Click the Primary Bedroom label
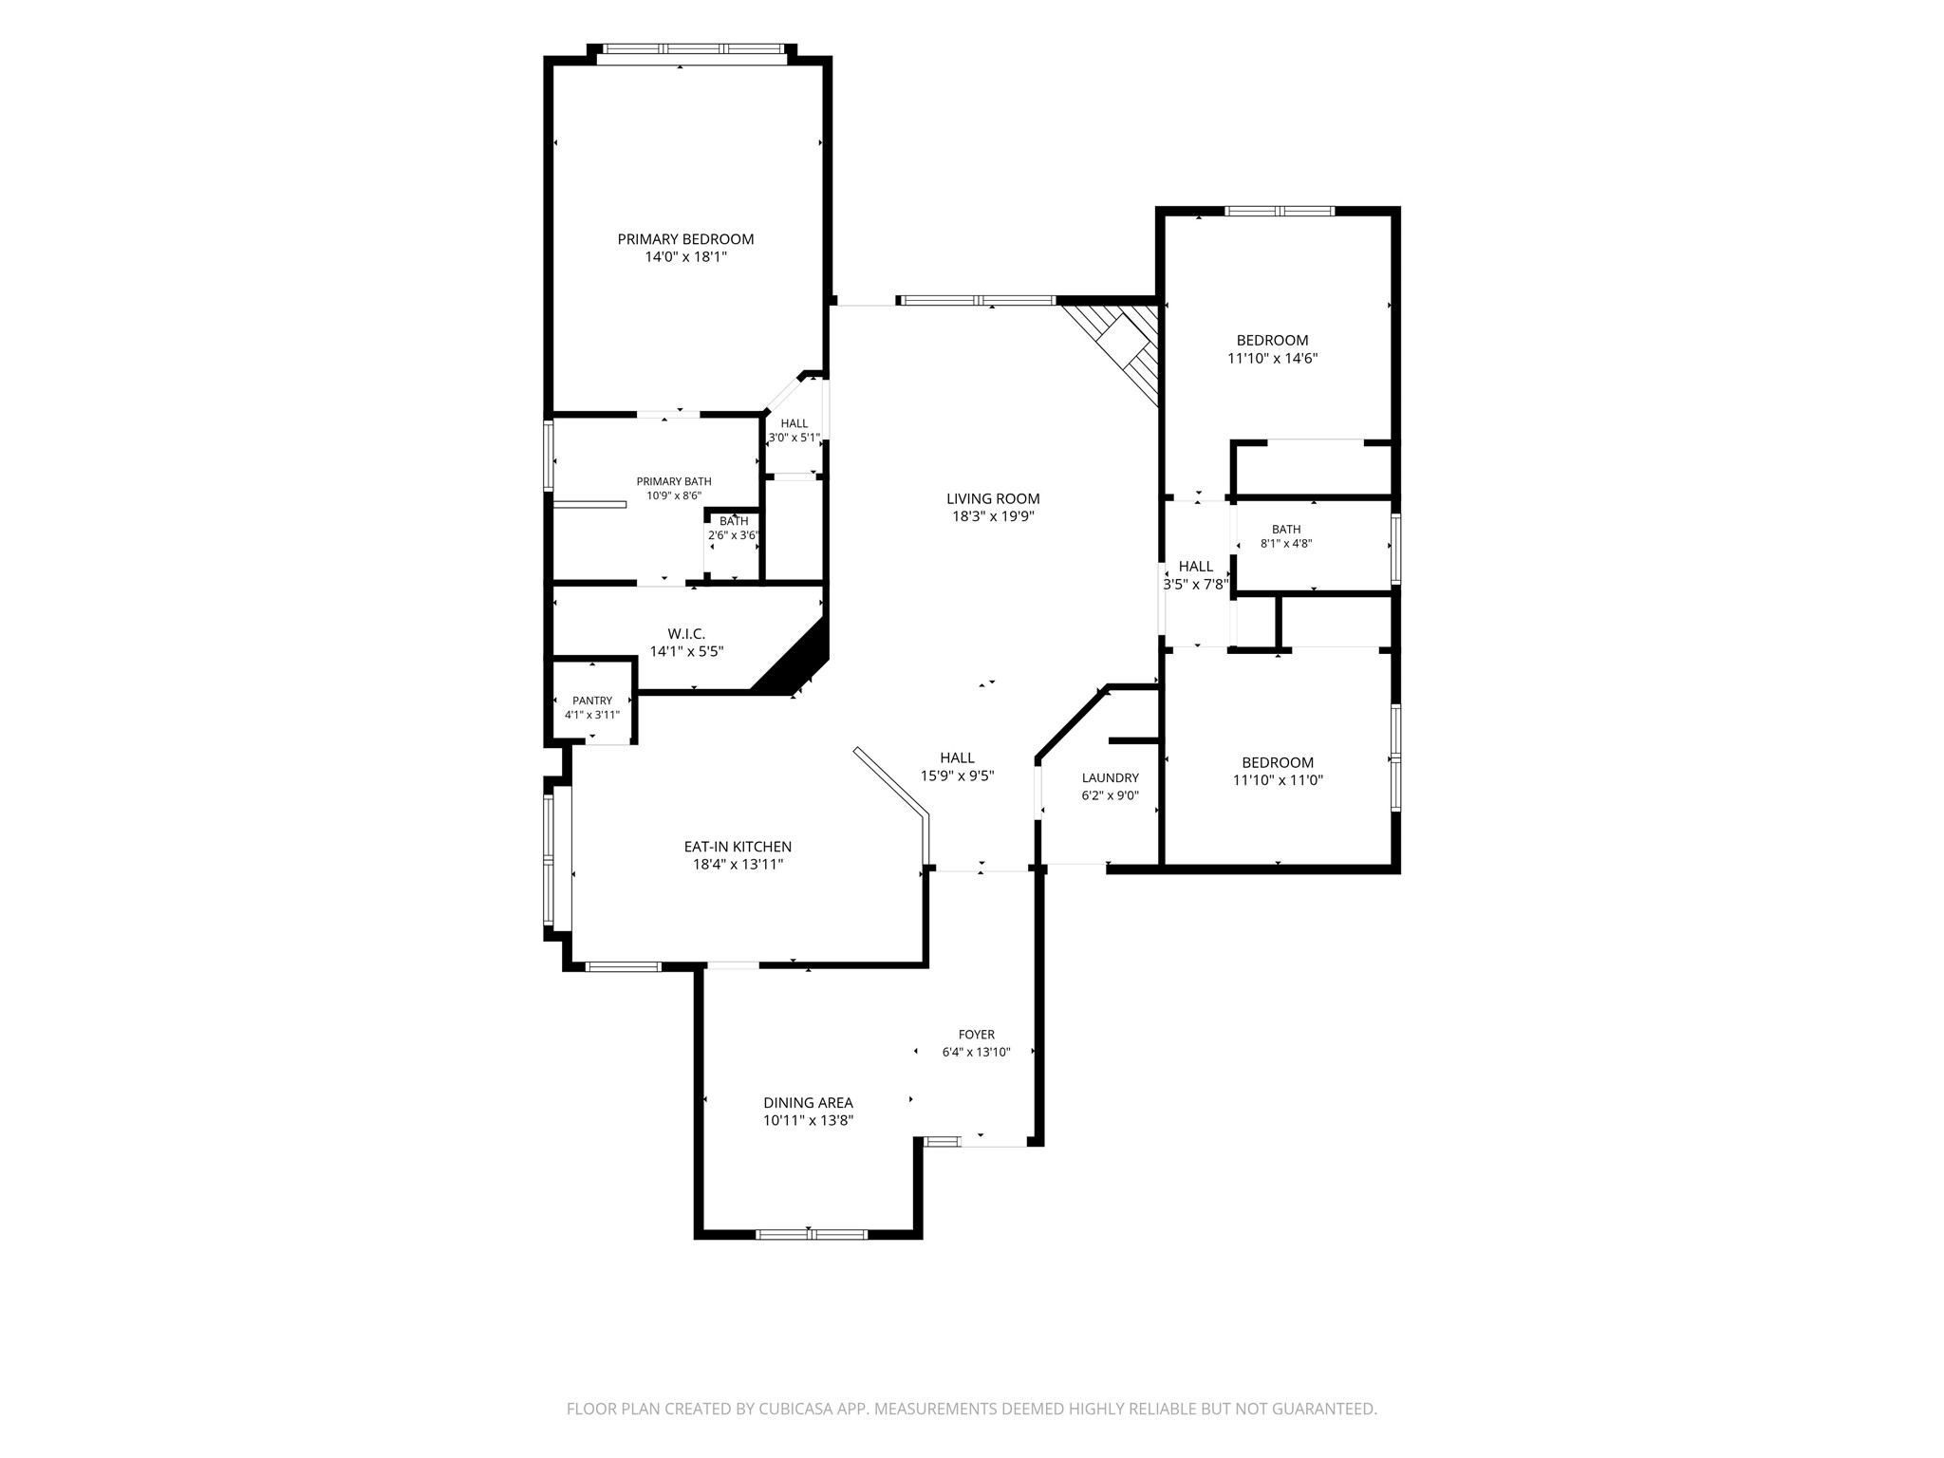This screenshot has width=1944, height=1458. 685,239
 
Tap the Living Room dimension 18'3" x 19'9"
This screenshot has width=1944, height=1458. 993,516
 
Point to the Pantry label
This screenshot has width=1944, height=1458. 592,701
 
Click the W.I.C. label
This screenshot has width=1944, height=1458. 686,634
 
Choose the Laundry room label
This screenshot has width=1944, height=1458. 1110,778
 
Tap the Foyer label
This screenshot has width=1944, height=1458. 977,1035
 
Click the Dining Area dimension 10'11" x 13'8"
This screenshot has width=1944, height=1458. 809,1120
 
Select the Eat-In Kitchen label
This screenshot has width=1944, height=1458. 738,847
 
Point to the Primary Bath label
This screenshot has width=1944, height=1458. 674,481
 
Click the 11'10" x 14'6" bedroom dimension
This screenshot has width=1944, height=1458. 1272,358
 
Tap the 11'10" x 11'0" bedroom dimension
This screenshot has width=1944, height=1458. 1278,780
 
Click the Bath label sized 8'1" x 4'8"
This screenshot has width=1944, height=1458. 1286,530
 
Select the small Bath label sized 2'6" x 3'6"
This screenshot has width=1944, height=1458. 734,521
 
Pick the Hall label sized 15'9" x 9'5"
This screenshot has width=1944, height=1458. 957,757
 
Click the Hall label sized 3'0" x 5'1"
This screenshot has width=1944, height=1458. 794,423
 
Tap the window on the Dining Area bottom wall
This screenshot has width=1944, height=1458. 812,1234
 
